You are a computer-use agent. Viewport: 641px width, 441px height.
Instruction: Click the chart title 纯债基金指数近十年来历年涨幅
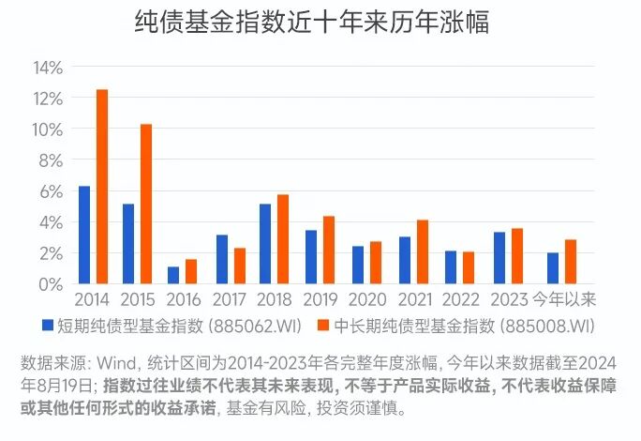coord(313,23)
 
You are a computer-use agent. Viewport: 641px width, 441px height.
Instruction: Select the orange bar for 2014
coord(102,187)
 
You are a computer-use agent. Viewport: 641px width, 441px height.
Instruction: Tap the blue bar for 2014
coord(84,235)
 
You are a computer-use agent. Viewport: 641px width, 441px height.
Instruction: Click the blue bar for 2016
coord(173,275)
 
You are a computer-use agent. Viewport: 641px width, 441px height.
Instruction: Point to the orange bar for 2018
coord(283,238)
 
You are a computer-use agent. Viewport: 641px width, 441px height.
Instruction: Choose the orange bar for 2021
coord(422,251)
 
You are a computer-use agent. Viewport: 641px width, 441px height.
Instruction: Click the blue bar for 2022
coord(450,267)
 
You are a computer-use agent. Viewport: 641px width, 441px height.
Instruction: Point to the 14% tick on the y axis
coord(48,68)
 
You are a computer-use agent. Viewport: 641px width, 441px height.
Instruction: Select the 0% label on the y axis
coord(52,284)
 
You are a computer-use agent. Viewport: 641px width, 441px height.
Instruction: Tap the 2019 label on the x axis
coord(320,299)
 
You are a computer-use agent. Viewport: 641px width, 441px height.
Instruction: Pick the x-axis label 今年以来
coord(564,299)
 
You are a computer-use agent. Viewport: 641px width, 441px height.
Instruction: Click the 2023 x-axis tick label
coord(509,299)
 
